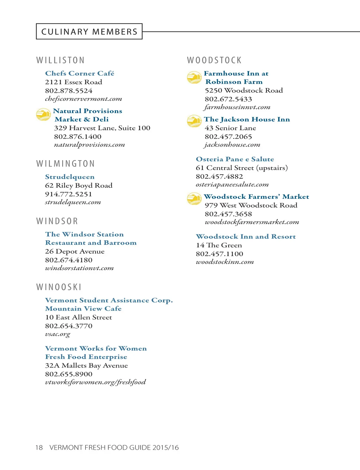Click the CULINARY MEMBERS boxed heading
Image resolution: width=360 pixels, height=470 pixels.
[89, 32]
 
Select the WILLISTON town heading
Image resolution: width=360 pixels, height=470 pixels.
[60, 60]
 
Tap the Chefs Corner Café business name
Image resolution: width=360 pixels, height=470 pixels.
[79, 73]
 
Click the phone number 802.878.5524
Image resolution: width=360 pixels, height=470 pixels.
[69, 91]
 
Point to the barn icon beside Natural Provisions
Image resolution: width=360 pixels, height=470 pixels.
[44, 115]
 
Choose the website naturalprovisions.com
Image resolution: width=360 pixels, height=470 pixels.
[89, 145]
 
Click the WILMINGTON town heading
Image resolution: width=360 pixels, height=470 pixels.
[66, 164]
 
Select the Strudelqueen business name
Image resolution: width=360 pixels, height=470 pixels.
[70, 177]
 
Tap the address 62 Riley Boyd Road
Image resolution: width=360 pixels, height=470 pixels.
[79, 185]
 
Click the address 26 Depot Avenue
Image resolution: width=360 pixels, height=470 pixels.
[75, 252]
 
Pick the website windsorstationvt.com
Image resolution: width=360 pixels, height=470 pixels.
[79, 268]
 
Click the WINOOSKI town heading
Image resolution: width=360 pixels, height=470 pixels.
[59, 287]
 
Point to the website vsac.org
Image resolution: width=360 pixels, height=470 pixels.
[58, 334]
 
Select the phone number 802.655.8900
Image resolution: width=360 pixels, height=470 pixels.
[69, 374]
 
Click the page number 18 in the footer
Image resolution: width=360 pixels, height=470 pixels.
[39, 448]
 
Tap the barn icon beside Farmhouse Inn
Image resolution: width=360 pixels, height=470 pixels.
[194, 77]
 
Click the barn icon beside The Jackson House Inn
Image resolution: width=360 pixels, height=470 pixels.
[194, 121]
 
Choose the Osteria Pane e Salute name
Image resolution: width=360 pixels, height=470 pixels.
[235, 159]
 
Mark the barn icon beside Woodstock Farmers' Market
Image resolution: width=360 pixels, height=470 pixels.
[194, 198]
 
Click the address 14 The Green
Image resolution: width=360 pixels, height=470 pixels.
[219, 245]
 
